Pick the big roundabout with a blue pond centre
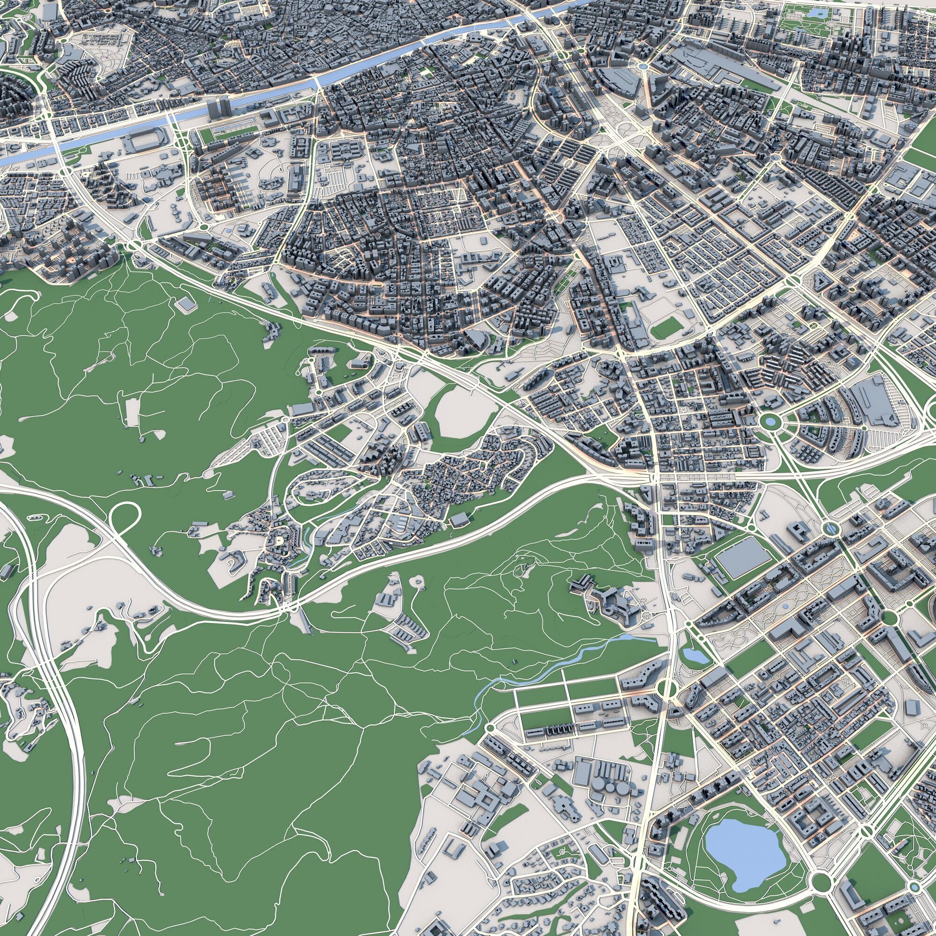coord(769,422)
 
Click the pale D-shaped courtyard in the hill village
coord(279,541)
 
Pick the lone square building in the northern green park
coord(185,304)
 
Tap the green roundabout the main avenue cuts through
coord(666,687)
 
